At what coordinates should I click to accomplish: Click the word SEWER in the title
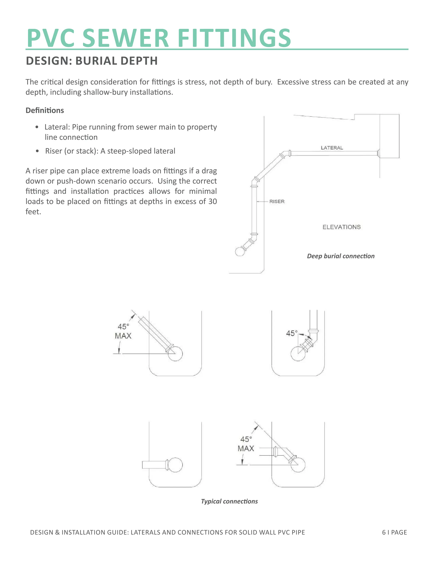pos(125,38)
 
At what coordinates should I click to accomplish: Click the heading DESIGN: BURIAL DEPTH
pos(92,61)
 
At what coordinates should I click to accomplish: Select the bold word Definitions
pos(45,110)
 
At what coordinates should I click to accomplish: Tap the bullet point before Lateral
pos(37,127)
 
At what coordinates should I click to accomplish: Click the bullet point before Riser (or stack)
pos(37,151)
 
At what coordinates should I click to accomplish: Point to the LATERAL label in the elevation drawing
pos(332,148)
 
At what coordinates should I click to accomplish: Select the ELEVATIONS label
pos(341,227)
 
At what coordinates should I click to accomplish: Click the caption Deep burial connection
pos(341,256)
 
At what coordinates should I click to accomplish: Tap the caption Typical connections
pos(229,501)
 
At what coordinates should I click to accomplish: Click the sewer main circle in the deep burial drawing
pos(240,251)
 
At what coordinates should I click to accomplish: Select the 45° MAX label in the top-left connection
pos(123,331)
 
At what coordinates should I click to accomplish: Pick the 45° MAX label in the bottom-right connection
pos(246,444)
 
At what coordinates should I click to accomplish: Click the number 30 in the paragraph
pos(212,201)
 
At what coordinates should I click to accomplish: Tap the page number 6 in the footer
pos(384,532)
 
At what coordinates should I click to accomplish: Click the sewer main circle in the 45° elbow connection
pos(298,354)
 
